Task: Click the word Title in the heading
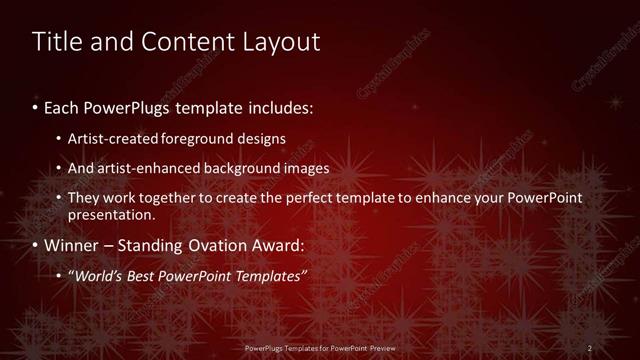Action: tap(57, 43)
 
